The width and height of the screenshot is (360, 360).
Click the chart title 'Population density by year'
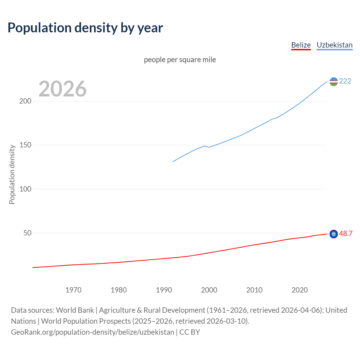tap(85, 28)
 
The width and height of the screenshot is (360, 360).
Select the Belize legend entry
tap(301, 45)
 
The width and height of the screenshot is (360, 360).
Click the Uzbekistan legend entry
tap(334, 45)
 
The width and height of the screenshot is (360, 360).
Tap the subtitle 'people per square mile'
tap(180, 60)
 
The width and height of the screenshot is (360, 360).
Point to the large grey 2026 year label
tap(62, 89)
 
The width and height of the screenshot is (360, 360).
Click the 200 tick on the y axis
tap(25, 101)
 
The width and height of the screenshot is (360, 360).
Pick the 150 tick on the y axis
tap(25, 145)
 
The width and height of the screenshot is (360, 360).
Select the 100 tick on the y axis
tap(25, 189)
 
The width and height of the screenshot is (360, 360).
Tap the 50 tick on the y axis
tap(27, 233)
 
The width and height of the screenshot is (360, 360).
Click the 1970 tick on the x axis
tap(73, 290)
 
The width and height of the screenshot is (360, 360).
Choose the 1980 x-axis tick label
tap(119, 290)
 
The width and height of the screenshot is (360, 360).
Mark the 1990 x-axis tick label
tap(164, 290)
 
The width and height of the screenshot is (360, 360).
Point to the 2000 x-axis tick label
tap(209, 290)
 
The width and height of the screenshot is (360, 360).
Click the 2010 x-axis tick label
tap(255, 290)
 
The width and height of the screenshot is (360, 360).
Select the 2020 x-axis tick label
tap(300, 290)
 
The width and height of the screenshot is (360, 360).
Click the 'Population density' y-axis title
tap(12, 174)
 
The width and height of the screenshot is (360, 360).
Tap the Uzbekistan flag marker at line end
tap(334, 82)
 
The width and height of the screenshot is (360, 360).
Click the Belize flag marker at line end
tap(334, 234)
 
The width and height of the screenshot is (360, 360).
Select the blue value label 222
tap(345, 81)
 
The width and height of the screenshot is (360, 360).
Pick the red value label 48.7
tap(346, 234)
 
